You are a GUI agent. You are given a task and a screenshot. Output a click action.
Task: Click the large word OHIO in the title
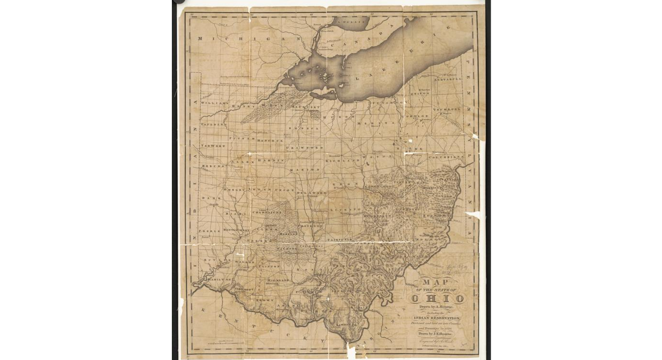(x=437, y=299)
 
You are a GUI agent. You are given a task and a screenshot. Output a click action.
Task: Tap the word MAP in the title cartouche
(x=434, y=282)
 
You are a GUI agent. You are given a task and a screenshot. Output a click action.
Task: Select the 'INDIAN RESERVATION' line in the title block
(x=436, y=318)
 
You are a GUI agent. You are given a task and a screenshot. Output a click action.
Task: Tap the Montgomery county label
(x=236, y=230)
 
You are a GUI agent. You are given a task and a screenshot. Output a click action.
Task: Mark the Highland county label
(x=278, y=281)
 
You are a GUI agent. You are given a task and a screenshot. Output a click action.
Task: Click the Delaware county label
(x=311, y=193)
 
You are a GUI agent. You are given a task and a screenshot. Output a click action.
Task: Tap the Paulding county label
(x=213, y=124)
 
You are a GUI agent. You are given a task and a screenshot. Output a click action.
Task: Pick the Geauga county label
(x=420, y=94)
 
